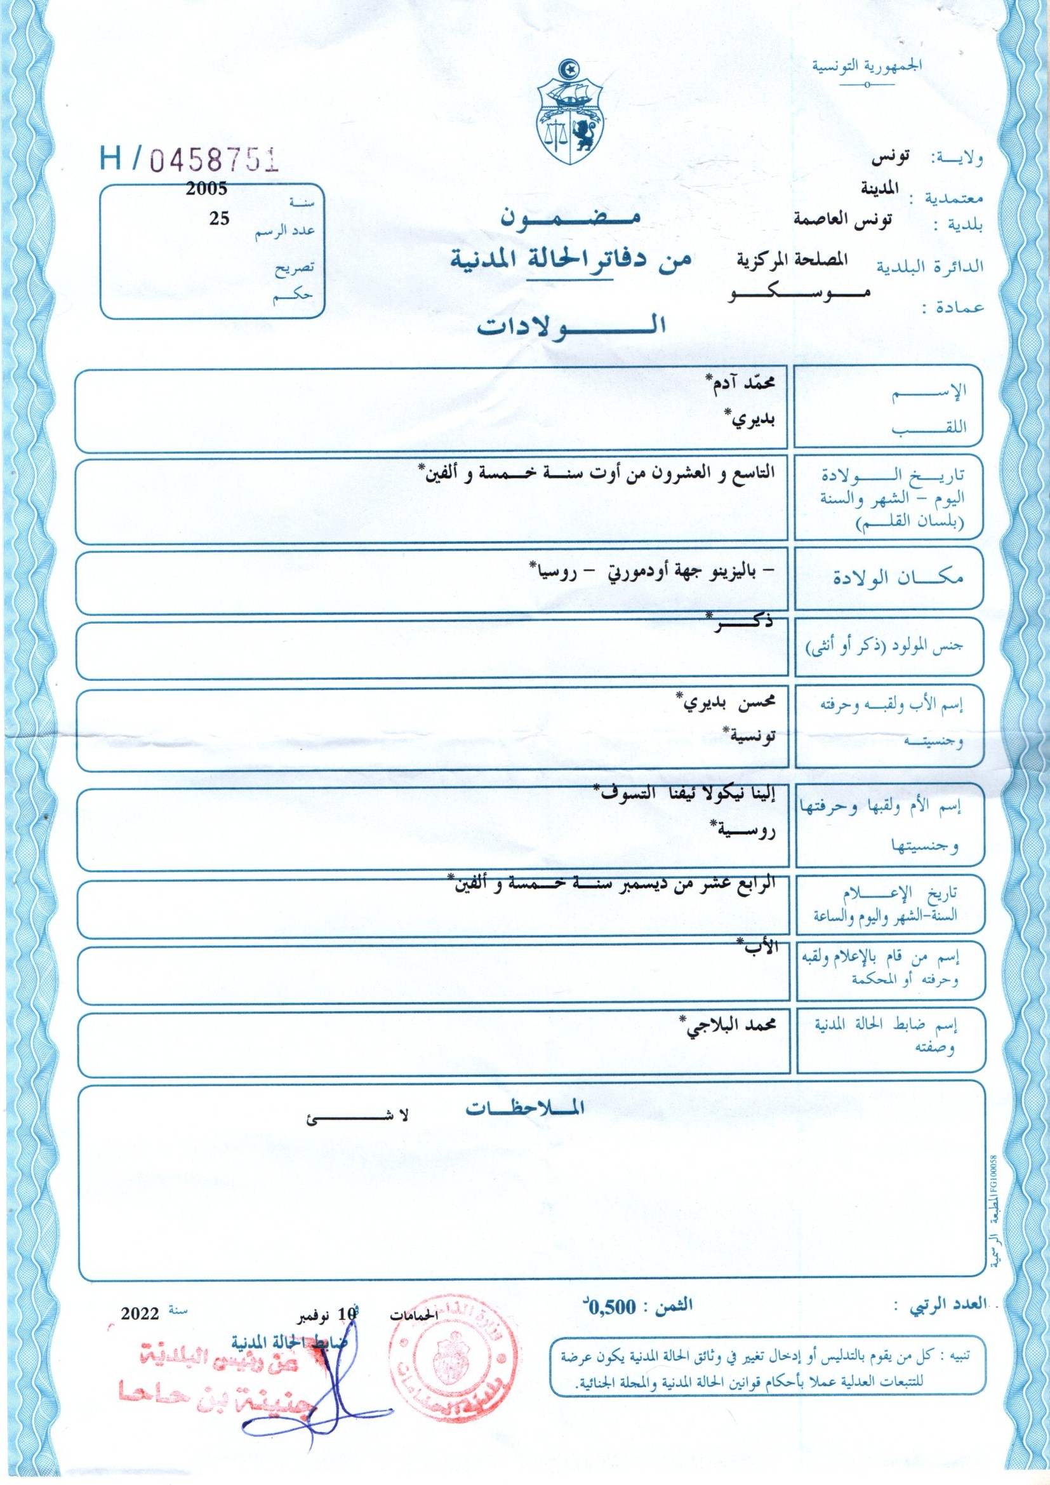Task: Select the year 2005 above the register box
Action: click(206, 189)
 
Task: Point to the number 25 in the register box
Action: click(218, 218)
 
